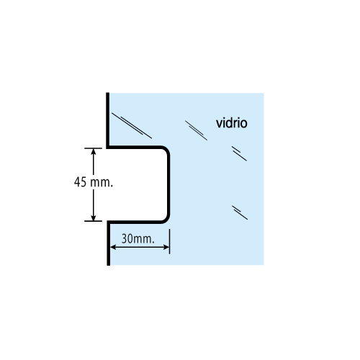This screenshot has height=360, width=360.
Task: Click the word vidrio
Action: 232,123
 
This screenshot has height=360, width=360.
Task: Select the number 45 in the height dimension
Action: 80,182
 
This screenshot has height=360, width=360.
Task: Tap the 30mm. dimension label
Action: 138,239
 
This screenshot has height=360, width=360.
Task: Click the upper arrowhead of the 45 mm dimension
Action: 94,151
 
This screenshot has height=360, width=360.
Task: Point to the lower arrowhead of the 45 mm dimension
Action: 94,217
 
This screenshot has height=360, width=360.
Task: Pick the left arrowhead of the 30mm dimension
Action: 113,247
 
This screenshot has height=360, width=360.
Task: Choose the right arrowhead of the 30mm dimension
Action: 166,247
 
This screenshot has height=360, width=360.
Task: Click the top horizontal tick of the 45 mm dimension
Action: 93,148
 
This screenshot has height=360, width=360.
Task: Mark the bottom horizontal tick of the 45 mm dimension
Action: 93,221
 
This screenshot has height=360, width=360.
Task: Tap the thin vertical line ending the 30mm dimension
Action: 169,241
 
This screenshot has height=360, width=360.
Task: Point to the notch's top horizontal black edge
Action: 135,147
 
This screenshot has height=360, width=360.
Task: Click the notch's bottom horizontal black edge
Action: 135,222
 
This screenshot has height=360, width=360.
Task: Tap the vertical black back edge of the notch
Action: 168,184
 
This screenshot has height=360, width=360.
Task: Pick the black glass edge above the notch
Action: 108,120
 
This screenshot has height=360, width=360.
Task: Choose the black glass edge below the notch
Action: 109,243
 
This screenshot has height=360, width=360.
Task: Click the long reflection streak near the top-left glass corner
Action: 132,125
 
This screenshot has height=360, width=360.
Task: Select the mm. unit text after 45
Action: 102,183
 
